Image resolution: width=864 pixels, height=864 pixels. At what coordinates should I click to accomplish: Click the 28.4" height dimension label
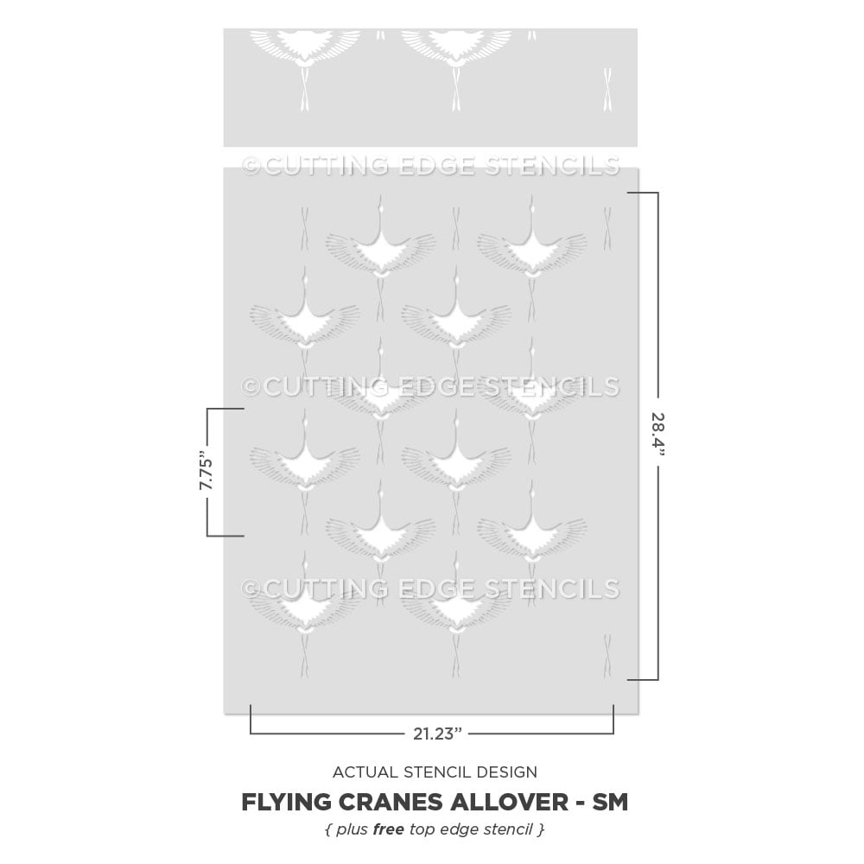point(658,435)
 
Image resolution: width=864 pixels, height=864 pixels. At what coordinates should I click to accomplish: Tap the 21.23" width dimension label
point(437,734)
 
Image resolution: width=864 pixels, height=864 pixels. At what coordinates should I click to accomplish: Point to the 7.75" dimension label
point(206,471)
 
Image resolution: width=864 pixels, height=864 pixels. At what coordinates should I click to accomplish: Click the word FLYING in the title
point(286,802)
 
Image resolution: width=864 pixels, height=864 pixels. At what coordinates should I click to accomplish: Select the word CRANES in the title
point(391,802)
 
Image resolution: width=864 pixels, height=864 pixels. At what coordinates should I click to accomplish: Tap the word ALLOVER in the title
point(510,802)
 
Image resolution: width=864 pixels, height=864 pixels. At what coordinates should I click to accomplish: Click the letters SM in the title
point(610,802)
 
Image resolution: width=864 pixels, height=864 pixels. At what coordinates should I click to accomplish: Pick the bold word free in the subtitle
point(389,829)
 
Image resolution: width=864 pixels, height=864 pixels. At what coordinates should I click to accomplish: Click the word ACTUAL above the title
point(365,772)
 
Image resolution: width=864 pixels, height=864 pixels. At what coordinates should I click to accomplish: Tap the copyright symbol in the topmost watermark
point(251,166)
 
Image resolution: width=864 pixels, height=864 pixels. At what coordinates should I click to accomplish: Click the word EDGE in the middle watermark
point(435,387)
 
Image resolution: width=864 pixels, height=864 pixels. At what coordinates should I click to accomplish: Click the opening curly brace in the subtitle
point(328,829)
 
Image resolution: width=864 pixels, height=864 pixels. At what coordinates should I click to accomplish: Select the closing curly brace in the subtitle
point(541,829)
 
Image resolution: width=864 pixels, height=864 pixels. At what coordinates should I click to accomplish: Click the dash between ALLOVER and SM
point(581,804)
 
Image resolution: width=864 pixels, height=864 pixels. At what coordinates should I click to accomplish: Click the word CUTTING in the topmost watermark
point(326,166)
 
